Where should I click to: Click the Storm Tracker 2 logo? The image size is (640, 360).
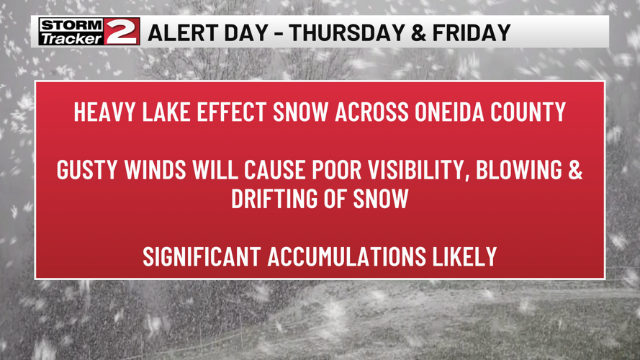pos(89,32)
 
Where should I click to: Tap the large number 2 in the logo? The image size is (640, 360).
pos(122,32)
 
